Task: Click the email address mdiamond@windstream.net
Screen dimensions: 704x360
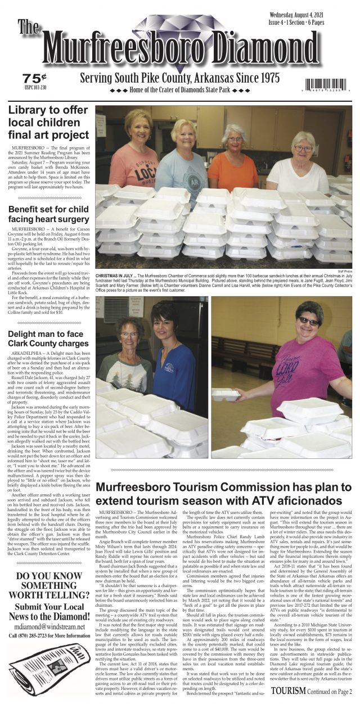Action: pyautogui.click(x=49, y=627)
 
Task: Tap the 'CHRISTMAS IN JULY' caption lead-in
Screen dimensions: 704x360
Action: pyautogui.click(x=115, y=277)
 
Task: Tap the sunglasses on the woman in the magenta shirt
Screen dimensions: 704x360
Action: pyautogui.click(x=308, y=321)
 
